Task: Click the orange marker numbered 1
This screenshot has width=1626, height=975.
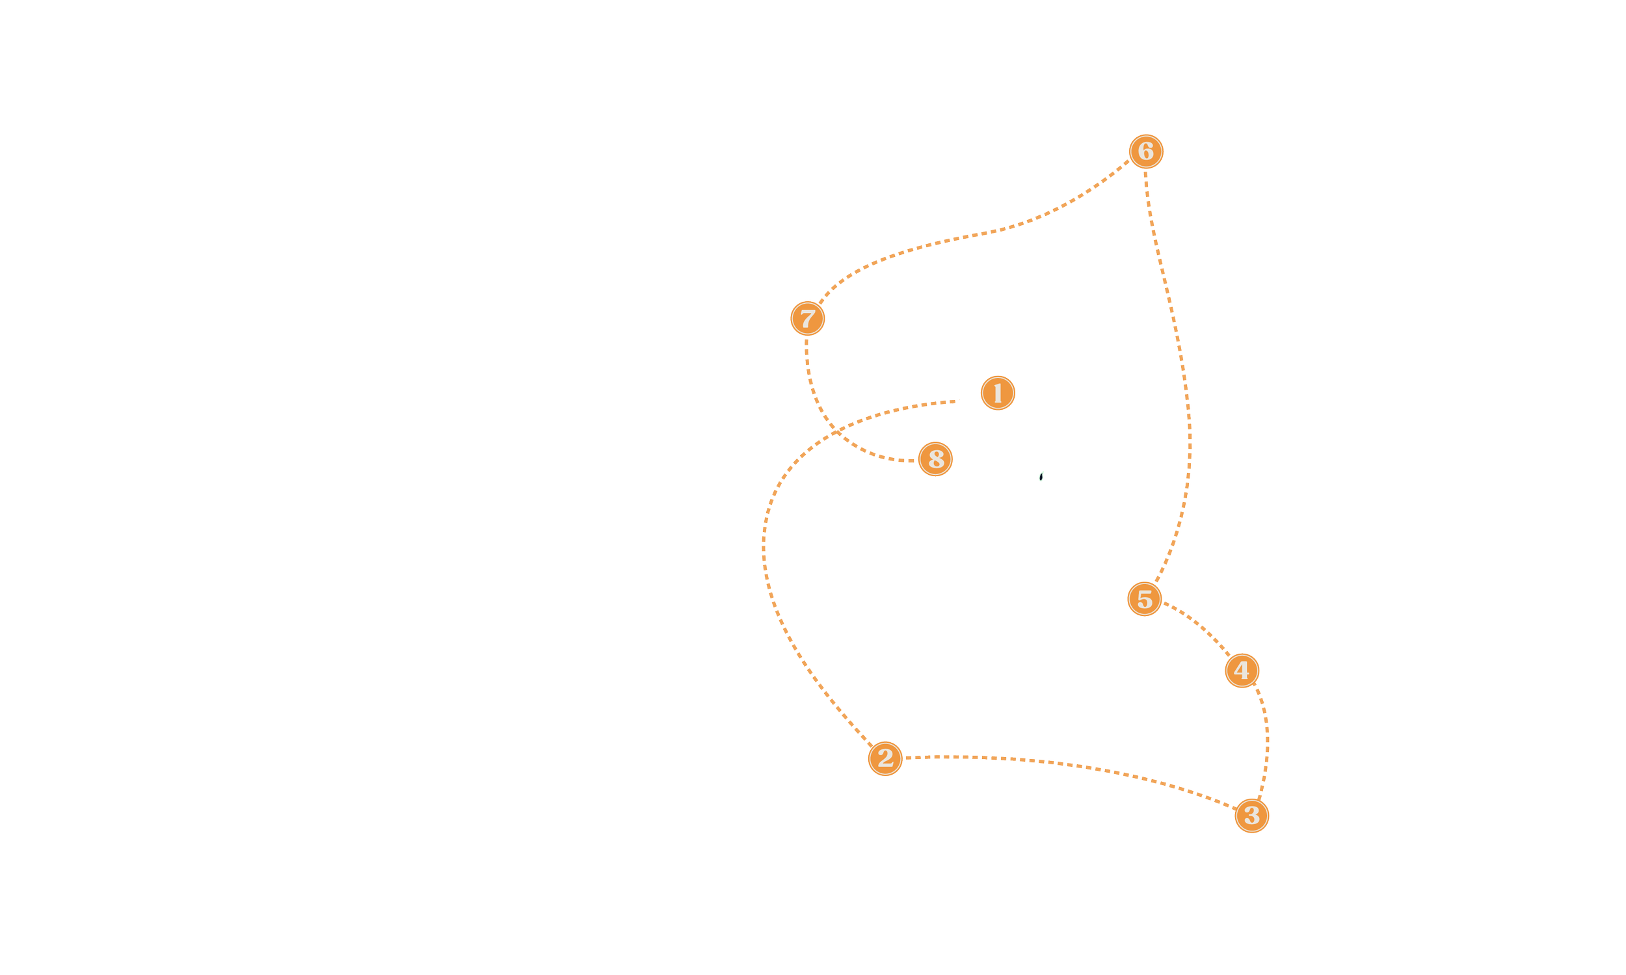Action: pos(997,394)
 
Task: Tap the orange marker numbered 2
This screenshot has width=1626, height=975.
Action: pos(885,758)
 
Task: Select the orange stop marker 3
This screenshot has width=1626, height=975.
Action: pos(1251,815)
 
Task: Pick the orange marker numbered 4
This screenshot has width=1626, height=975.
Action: pos(1242,671)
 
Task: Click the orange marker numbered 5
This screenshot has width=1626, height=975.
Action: pos(1145,598)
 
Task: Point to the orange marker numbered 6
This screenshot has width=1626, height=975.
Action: pos(1146,151)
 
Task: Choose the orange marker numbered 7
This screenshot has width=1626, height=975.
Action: pos(806,319)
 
